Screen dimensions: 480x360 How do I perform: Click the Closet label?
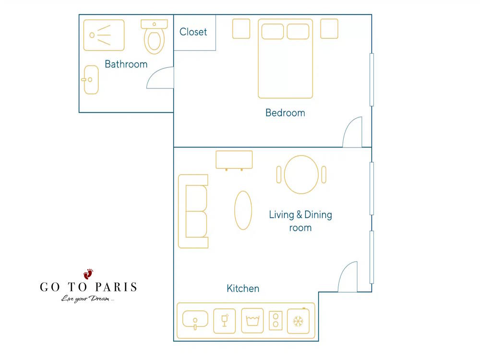[x=193, y=32]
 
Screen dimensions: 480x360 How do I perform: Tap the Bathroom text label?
[x=126, y=64]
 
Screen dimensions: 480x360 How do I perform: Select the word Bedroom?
[x=285, y=113]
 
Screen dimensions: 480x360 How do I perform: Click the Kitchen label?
[x=243, y=288]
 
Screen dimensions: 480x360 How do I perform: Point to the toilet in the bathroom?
[x=154, y=37]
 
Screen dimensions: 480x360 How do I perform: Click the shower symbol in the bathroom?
[x=104, y=35]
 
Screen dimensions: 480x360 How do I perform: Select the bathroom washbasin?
[x=91, y=80]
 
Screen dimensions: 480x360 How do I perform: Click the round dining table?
[x=301, y=175]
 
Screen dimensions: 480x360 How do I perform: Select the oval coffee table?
[x=243, y=210]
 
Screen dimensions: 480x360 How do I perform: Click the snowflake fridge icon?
[x=298, y=321]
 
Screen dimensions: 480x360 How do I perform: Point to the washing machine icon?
[x=252, y=321]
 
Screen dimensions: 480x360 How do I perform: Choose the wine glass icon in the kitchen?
[x=224, y=321]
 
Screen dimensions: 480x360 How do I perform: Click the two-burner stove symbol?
[x=276, y=321]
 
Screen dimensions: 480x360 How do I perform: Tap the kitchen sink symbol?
[x=195, y=320]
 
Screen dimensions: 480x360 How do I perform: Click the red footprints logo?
[x=88, y=274]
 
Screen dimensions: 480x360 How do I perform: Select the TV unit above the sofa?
[x=234, y=160]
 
